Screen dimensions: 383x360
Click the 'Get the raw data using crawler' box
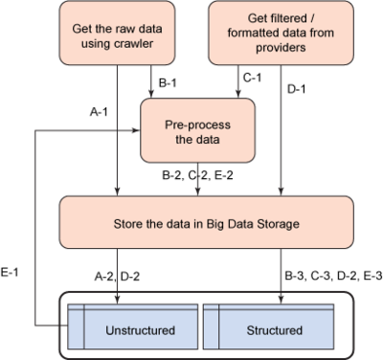(117, 33)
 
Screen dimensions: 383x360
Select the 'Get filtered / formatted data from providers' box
(281, 33)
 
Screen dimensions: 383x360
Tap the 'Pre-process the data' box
(197, 130)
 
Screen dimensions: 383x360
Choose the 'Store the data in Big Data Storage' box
(207, 222)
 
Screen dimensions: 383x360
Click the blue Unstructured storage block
(132, 326)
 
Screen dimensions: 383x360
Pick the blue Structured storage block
(269, 326)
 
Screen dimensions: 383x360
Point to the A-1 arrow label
(99, 112)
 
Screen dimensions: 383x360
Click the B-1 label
(168, 83)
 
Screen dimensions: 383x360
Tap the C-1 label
(252, 78)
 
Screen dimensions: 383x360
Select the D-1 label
(296, 89)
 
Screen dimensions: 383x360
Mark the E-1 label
(10, 272)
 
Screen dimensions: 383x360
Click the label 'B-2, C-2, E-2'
(197, 175)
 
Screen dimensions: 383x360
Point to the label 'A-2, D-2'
(117, 277)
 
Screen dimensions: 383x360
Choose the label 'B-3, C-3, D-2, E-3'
(333, 276)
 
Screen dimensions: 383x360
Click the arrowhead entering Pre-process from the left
(137, 130)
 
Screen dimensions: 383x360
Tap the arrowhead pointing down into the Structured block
(281, 300)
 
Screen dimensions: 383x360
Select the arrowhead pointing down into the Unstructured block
(118, 300)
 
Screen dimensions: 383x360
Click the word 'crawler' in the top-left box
(134, 43)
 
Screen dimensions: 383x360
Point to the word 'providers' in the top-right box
(281, 48)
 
